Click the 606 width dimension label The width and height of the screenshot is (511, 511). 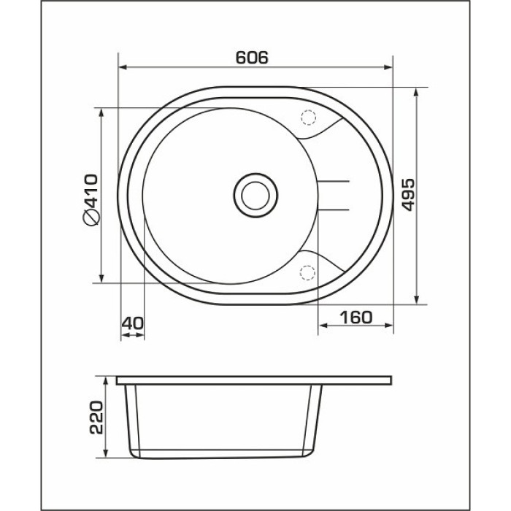252,58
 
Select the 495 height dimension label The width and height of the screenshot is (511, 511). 408,195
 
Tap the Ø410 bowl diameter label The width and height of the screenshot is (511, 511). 91,200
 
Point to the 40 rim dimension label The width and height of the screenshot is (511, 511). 132,323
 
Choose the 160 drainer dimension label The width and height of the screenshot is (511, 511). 356,317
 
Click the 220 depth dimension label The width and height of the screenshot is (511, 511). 96,417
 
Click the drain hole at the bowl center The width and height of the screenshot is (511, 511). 255,196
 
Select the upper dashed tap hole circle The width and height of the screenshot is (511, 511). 308,118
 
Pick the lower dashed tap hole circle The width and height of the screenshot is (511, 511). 307,272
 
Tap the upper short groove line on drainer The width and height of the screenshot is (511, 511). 334,181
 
